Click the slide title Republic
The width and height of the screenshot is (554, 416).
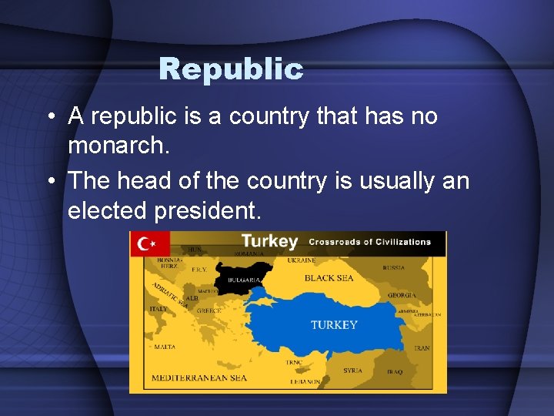coord(231,69)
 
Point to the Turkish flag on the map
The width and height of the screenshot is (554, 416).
coord(149,244)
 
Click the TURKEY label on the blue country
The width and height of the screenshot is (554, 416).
coord(334,324)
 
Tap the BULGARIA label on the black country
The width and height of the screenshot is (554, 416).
coord(242,280)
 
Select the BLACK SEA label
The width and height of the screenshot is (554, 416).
coord(329,278)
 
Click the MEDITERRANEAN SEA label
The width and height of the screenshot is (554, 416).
coord(199,377)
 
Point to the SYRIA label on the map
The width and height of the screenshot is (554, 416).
coord(352,371)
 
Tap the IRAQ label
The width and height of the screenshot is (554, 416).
coord(394,371)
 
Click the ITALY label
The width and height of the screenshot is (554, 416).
coord(158,309)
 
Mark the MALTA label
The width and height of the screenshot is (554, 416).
coord(164,347)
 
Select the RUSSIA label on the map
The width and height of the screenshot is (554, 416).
coord(393,268)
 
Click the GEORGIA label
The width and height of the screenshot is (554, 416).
coord(402,295)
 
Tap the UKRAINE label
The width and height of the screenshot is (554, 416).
coord(323,260)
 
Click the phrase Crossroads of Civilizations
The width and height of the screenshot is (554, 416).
coord(369,242)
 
